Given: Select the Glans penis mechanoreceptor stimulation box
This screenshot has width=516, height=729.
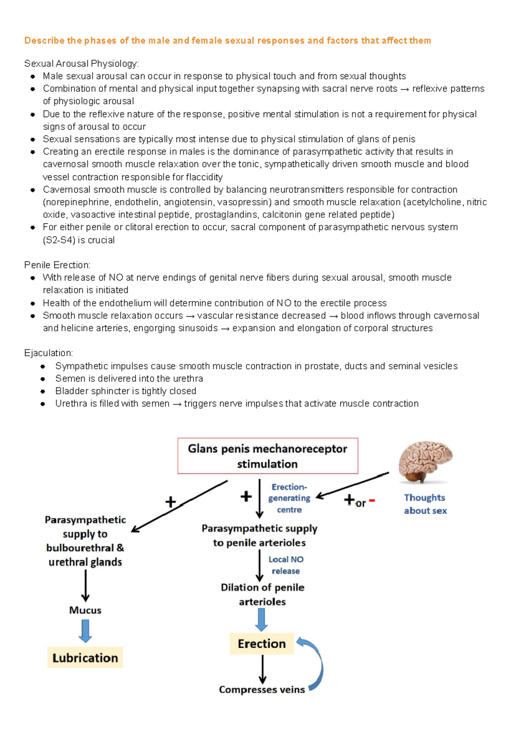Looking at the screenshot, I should [267, 456].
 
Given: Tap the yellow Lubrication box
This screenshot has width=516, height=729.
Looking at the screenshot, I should [85, 658].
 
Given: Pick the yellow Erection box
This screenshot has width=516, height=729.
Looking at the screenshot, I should [261, 644].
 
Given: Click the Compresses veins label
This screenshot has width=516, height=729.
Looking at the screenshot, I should [262, 689].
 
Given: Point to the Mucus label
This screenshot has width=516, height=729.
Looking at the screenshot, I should [85, 610].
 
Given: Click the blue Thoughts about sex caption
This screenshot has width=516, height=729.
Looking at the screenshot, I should [425, 504].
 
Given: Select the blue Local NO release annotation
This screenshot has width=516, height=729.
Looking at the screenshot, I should [286, 565].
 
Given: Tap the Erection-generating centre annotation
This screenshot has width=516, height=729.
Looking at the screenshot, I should [289, 498].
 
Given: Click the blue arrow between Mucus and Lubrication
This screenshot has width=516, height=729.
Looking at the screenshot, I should [85, 631].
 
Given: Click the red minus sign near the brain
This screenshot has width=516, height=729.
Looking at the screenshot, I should [372, 500].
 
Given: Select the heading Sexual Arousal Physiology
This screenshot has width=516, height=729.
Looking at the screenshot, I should [81, 64].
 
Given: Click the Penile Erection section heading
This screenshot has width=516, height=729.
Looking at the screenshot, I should [57, 265].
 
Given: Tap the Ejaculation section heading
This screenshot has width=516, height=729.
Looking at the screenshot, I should [49, 353].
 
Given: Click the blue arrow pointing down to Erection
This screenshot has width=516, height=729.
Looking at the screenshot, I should [261, 620].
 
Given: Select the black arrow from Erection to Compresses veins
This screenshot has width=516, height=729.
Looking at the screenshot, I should [262, 669].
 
